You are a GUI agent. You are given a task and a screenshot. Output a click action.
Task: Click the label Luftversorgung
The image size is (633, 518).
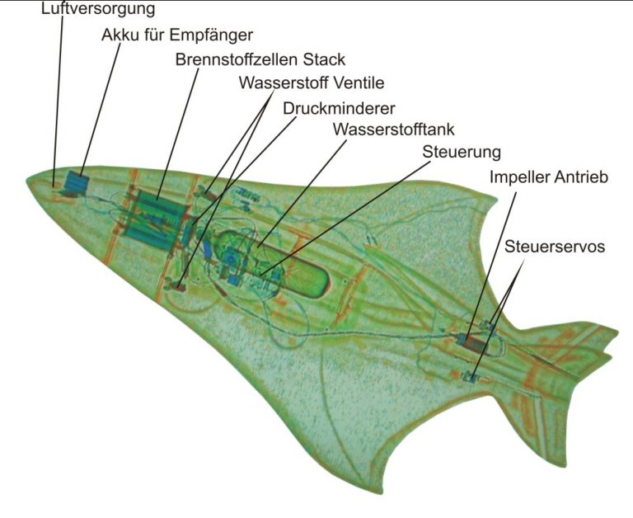tap(98, 8)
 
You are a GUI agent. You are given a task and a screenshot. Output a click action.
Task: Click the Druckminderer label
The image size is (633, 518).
tap(339, 108)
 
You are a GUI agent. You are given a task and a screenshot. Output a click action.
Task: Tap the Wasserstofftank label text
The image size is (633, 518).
tap(394, 129)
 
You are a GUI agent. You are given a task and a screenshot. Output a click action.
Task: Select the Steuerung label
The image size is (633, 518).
tap(462, 153)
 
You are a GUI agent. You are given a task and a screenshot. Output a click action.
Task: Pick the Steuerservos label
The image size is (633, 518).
tap(555, 246)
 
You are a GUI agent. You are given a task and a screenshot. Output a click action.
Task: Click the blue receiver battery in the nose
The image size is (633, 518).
tap(76, 182)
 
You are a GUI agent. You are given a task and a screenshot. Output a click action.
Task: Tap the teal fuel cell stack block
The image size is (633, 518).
tap(157, 219)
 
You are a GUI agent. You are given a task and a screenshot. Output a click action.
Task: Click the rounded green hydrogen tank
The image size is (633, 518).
tap(274, 262)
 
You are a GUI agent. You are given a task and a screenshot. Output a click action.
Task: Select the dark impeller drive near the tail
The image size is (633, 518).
tap(473, 343)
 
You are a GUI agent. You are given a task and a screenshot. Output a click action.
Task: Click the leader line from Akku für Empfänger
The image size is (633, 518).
tap(100, 110)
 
